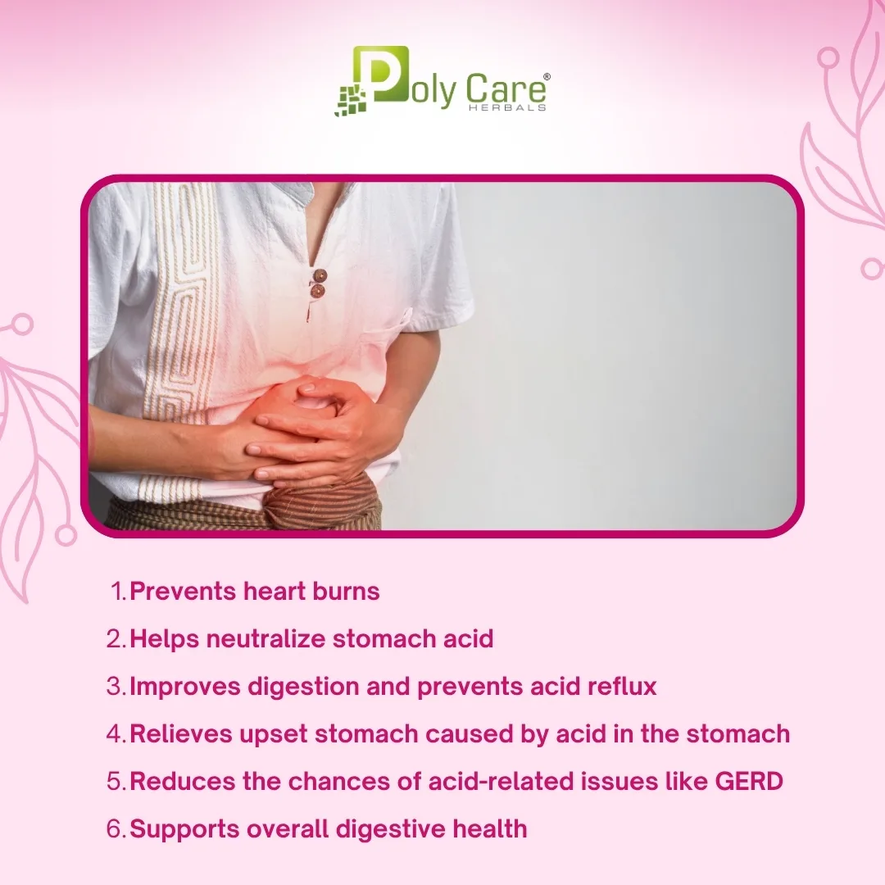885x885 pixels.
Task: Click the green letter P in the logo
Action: click(380, 74)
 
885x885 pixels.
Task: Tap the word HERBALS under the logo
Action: click(507, 107)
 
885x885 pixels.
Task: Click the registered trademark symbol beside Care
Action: click(546, 77)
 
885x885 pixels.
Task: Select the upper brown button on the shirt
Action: click(320, 276)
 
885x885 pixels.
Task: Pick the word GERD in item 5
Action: click(749, 781)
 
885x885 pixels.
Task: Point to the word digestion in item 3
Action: click(303, 687)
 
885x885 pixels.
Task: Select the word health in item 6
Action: click(490, 828)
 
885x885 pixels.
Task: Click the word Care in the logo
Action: click(506, 90)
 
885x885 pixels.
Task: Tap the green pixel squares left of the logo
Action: click(351, 101)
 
